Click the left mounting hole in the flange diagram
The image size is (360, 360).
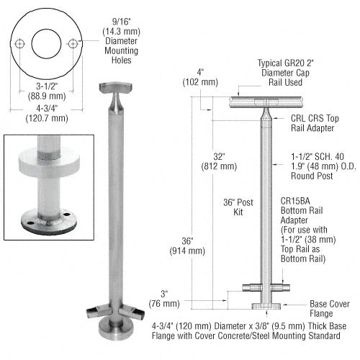[x=21, y=45]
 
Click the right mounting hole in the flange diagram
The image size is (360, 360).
[x=73, y=45]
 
